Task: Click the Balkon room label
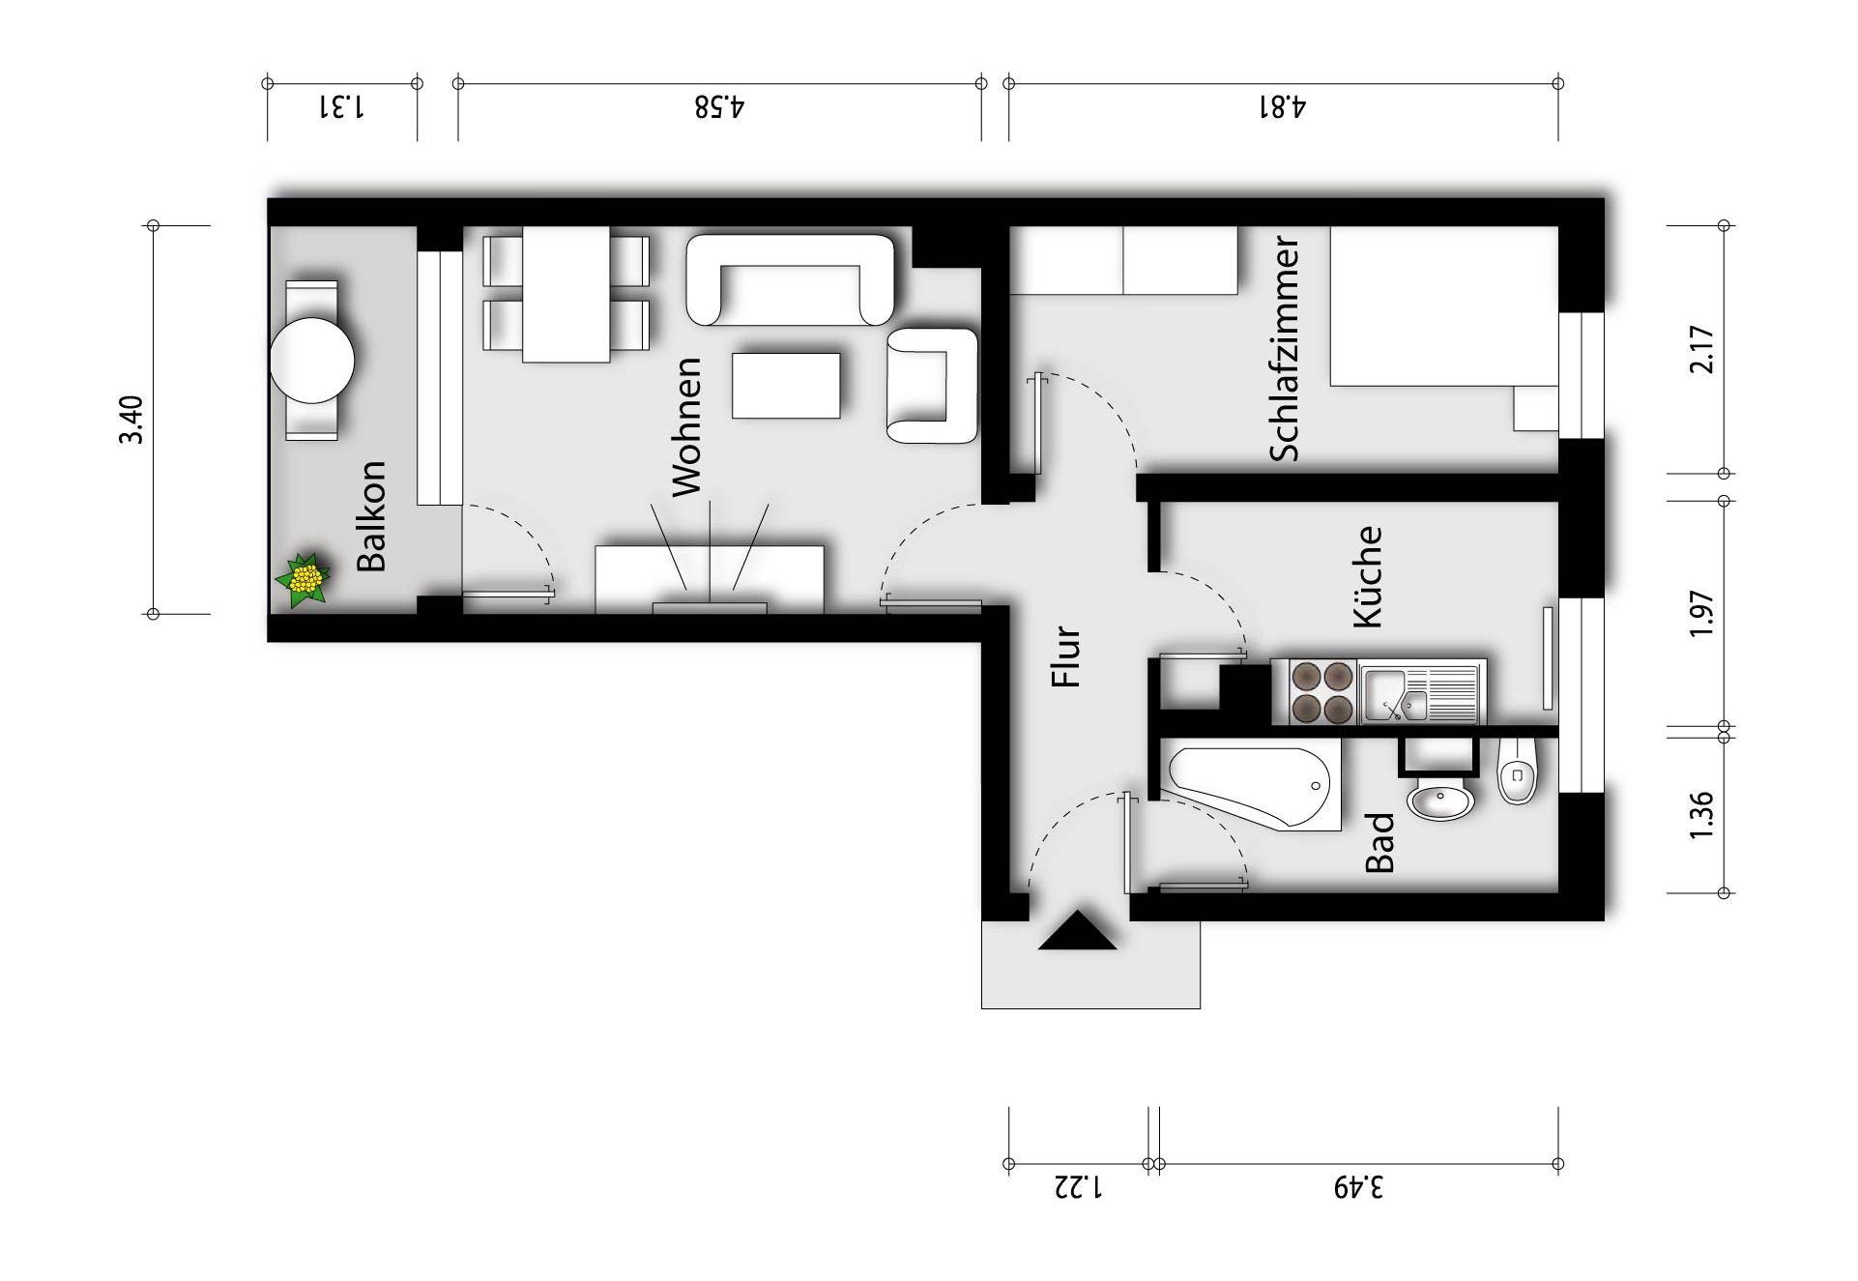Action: click(x=371, y=515)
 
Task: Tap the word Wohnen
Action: click(x=685, y=426)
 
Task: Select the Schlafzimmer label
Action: click(x=1284, y=348)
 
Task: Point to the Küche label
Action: click(x=1367, y=577)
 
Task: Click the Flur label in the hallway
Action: click(x=1065, y=656)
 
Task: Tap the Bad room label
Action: click(x=1379, y=842)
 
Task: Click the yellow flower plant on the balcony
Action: click(x=304, y=580)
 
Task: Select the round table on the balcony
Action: click(x=312, y=361)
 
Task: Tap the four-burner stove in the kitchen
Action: click(x=1322, y=692)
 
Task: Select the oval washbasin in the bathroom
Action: click(x=1440, y=801)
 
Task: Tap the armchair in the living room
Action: click(x=932, y=386)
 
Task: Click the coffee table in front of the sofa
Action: click(x=786, y=386)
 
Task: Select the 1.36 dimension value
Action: click(x=1701, y=815)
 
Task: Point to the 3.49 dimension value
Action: click(x=1358, y=1186)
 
